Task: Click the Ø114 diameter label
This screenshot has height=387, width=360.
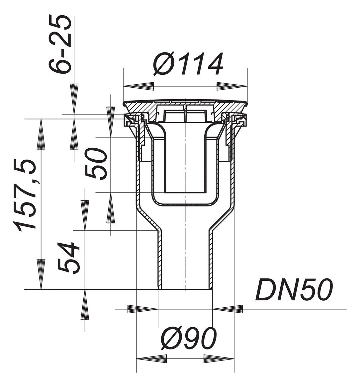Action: (x=188, y=64)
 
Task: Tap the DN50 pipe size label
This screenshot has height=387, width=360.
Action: (x=294, y=290)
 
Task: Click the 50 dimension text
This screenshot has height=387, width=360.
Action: (x=96, y=164)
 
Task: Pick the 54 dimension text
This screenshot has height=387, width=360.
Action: (x=69, y=258)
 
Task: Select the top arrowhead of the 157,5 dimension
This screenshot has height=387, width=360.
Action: (x=41, y=134)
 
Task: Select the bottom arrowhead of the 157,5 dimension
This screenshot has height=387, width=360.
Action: (x=41, y=274)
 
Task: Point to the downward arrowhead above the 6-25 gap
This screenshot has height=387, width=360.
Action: (x=74, y=98)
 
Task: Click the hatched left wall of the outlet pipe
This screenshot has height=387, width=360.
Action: (x=160, y=259)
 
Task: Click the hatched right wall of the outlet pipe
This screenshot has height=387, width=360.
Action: (x=210, y=259)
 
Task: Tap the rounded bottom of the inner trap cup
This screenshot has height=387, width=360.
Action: (x=185, y=203)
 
